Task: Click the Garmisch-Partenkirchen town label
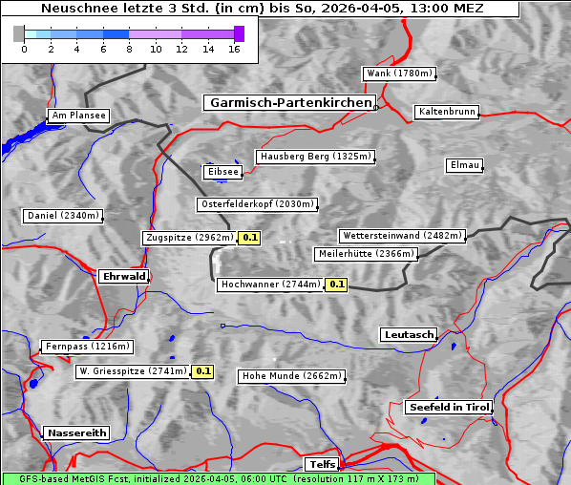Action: [x=288, y=103]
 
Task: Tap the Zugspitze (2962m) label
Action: [x=188, y=238]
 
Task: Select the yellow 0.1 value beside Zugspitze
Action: [x=250, y=238]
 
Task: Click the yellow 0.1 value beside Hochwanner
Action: [x=336, y=285]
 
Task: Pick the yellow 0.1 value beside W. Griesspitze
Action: [x=202, y=371]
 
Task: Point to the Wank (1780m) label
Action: [x=399, y=74]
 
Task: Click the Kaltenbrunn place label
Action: [x=446, y=113]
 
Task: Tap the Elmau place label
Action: [x=464, y=165]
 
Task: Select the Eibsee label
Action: [x=222, y=172]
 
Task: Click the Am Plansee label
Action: [x=77, y=116]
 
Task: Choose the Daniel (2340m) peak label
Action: [x=62, y=216]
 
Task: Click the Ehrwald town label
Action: [x=123, y=277]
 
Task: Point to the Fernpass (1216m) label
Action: [x=86, y=347]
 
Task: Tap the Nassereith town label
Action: [x=75, y=432]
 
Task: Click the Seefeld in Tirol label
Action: [x=448, y=407]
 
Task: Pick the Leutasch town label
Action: [x=409, y=335]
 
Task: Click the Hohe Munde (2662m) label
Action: [x=291, y=376]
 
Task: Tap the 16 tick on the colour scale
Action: [x=234, y=49]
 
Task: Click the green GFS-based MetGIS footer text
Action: [x=218, y=478]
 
